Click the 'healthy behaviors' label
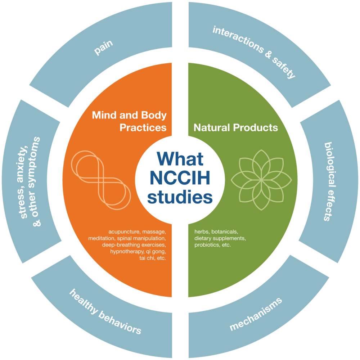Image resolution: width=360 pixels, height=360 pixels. tap(105, 312)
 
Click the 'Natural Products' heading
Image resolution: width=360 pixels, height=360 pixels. tap(236, 127)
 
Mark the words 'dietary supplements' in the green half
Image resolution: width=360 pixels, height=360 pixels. tap(220, 238)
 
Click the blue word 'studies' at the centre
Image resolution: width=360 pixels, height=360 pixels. tap(178, 197)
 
